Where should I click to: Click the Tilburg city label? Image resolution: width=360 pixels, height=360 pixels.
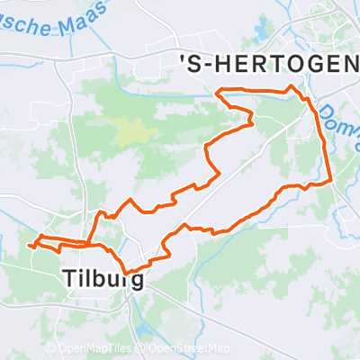[103, 278]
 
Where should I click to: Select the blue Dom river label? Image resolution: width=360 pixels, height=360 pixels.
[333, 115]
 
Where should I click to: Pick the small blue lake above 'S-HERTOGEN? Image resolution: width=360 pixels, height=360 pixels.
[262, 31]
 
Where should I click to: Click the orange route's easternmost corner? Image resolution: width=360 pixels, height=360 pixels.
[332, 180]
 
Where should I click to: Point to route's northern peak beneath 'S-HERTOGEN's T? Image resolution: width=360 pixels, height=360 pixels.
[290, 87]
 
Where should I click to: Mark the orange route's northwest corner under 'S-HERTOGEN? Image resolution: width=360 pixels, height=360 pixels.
[219, 89]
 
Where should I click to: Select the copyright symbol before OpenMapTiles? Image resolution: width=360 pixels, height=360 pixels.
[49, 349]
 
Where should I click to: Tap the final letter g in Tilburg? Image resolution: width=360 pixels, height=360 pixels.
[138, 280]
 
